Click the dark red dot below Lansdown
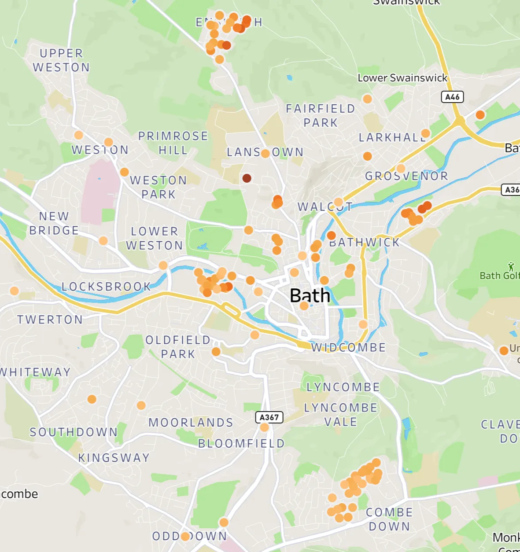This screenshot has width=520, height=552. (247, 178)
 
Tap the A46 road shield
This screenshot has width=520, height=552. (452, 97)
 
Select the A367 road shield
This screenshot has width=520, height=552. (269, 417)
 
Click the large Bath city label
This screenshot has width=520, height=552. (310, 295)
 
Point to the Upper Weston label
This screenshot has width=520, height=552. (61, 60)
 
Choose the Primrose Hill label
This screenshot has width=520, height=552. (173, 143)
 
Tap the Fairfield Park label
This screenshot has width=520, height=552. (320, 115)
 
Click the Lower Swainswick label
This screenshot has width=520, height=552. (402, 78)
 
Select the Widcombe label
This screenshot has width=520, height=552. (348, 348)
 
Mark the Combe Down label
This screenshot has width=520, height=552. (389, 519)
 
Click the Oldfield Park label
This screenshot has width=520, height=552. (178, 347)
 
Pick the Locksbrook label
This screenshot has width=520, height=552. (106, 287)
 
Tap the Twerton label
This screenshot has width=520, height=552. (50, 320)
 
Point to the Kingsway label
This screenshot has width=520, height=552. (114, 458)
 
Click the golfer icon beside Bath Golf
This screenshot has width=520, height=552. (511, 266)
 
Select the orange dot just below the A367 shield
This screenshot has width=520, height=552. (264, 427)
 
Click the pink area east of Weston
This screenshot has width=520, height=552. (100, 191)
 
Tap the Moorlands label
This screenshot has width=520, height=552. (191, 423)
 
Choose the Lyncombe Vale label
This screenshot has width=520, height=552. (341, 415)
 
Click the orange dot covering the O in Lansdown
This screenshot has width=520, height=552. (265, 154)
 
